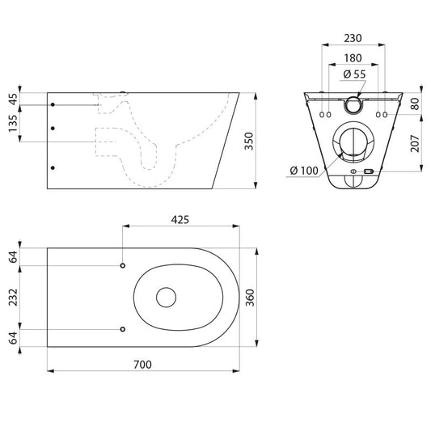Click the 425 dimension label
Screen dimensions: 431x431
(x=180, y=220)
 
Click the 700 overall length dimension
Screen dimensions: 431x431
(x=142, y=365)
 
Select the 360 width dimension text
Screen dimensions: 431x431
(x=250, y=298)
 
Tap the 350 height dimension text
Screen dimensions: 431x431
(x=249, y=141)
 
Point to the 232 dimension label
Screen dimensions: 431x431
(x=13, y=298)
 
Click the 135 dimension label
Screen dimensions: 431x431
(x=13, y=124)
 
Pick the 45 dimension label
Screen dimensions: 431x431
(x=13, y=99)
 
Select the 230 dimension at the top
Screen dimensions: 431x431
(x=353, y=39)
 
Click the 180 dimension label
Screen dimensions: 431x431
(x=353, y=58)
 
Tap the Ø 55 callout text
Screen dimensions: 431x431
(x=355, y=74)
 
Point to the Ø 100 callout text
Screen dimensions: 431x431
(x=304, y=171)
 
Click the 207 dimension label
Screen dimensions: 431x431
(x=415, y=143)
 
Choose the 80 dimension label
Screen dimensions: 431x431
(x=415, y=104)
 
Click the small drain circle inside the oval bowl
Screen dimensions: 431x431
(x=166, y=298)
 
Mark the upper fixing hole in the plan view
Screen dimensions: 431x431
(x=123, y=265)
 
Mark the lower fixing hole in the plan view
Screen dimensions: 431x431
(x=123, y=329)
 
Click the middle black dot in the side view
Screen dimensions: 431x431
(x=53, y=129)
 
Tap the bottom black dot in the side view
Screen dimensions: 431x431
(x=53, y=168)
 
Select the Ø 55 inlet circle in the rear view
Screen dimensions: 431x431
(x=353, y=105)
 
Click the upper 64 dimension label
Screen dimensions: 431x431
(x=13, y=256)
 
